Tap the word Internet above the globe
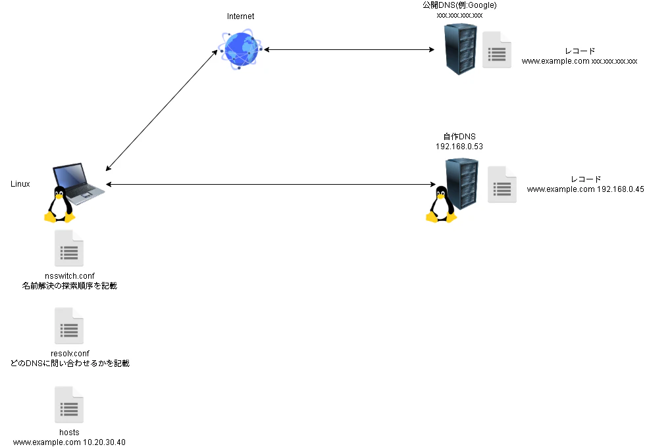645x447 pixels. point(241,16)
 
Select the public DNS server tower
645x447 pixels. point(461,49)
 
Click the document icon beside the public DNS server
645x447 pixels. point(497,50)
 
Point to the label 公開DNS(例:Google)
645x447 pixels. point(459,5)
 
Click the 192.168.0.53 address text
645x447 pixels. point(459,147)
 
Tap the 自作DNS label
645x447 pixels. point(459,137)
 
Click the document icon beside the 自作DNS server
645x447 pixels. point(502,185)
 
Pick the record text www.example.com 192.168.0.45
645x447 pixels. point(585,189)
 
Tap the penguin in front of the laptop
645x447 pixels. point(60,204)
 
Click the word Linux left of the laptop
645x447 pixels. point(20,184)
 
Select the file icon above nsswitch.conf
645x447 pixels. point(69,248)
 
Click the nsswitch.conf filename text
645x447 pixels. point(70,276)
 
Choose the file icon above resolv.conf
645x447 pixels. point(69,326)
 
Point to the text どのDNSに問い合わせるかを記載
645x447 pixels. point(70,363)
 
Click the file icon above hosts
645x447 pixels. point(69,405)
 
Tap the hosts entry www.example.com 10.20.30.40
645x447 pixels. point(69,442)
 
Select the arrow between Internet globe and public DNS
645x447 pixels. point(349,50)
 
